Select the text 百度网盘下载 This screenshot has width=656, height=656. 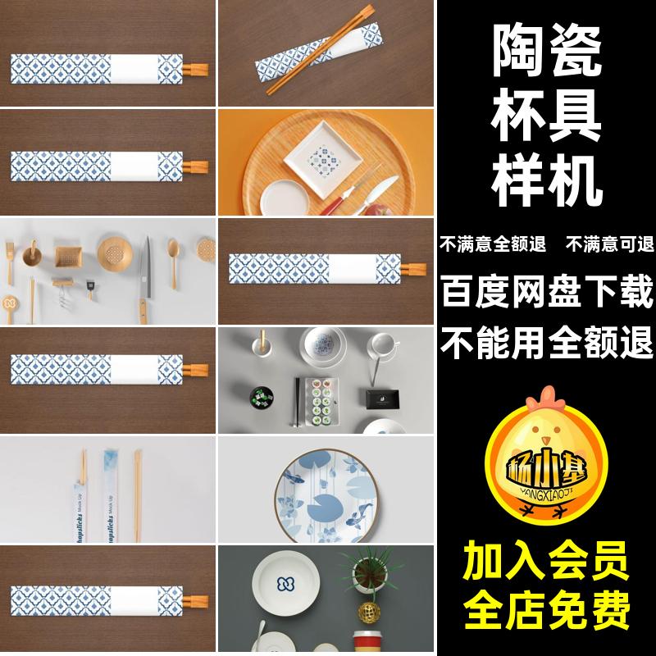[x=547, y=291]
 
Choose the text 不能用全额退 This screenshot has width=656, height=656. [x=547, y=339]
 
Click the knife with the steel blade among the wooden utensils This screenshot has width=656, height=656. [x=144, y=271]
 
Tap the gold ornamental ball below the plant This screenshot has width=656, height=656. [x=367, y=612]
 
